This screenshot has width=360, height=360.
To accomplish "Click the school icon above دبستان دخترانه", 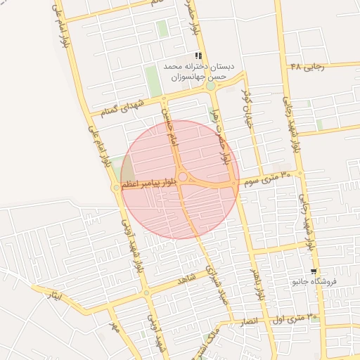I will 199,56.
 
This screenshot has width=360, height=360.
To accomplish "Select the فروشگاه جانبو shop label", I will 315,282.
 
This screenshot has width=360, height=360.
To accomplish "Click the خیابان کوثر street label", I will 246,104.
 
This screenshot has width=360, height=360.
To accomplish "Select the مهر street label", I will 114,326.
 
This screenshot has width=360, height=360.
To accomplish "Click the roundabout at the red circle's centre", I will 182,178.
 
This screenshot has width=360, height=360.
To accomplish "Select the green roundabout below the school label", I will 210,86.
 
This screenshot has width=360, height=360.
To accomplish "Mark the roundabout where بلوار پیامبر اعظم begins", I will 116,188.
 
